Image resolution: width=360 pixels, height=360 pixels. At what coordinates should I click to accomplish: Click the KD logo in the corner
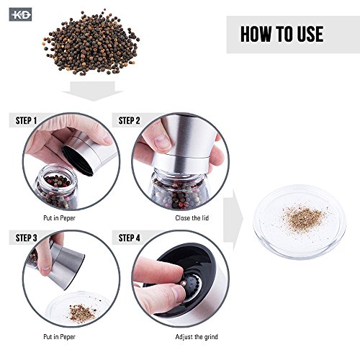pos(20,14)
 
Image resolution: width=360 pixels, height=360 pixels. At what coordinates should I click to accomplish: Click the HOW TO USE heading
pos(282,34)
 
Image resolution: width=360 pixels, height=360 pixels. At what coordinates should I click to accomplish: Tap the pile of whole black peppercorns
pos(91,42)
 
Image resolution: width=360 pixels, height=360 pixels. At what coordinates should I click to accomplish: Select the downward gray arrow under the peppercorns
pos(92,91)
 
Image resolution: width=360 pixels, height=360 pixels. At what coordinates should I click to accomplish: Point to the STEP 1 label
pos(26,120)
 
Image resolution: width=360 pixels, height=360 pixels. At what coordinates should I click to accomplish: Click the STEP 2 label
pos(129,120)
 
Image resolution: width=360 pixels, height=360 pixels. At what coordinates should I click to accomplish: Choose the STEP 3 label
pos(26,238)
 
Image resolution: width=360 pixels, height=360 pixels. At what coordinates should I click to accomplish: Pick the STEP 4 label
pos(129,238)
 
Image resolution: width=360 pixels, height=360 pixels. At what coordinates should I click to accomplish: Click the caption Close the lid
pos(192,218)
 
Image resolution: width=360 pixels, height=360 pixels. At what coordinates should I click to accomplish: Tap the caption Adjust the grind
pos(197,337)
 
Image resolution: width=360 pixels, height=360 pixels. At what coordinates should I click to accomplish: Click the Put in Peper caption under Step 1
pos(59,218)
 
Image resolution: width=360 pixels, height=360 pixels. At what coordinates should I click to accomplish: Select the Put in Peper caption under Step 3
pos(59,337)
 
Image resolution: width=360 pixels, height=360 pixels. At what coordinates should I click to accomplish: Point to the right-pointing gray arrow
pos(233,220)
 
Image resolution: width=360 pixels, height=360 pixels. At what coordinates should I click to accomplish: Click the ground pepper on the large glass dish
pos(304,219)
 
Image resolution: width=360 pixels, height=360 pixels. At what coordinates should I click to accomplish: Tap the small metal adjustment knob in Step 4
pos(183,284)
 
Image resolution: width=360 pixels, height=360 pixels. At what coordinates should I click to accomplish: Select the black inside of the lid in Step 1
pos(77,161)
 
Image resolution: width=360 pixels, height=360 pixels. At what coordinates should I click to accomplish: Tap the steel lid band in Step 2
pos(181,163)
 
